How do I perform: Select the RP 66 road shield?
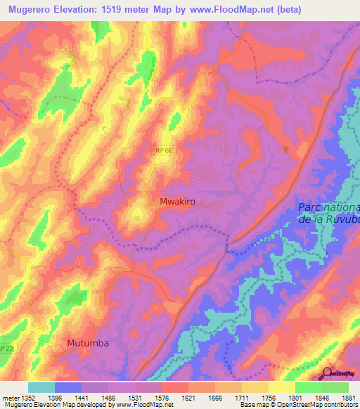163,150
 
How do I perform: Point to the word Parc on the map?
313,207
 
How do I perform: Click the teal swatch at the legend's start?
41,387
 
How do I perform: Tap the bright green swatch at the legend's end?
335,387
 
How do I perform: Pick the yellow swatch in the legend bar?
282,387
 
